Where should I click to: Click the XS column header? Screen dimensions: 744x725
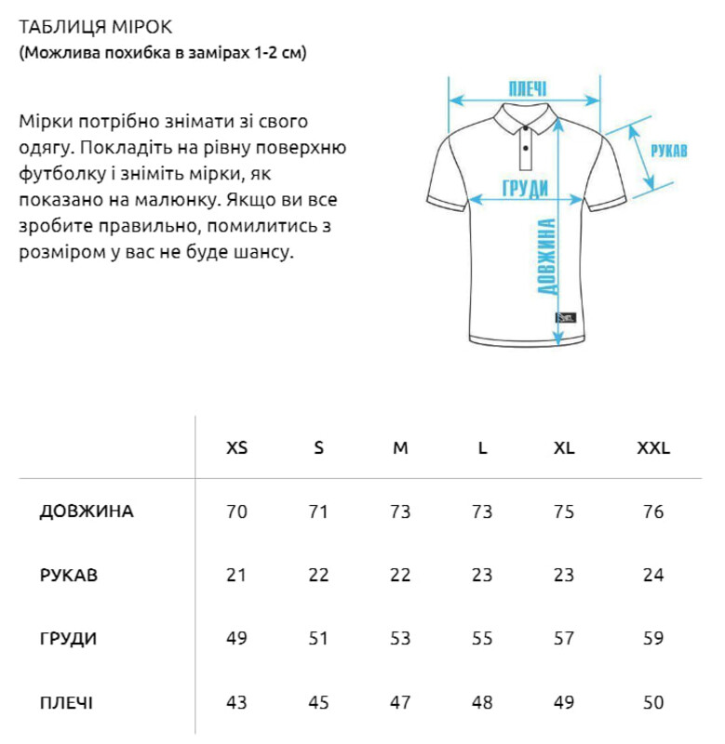coord(237,447)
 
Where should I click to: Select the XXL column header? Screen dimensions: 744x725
coord(653,447)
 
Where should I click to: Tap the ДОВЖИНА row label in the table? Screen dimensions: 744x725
coord(87,511)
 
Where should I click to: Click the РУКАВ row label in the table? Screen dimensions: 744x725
coord(69,575)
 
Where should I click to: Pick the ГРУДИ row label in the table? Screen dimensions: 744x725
coord(69,639)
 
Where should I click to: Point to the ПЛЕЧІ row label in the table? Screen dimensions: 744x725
coord(66,702)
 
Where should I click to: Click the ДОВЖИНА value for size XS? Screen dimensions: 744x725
coord(237,511)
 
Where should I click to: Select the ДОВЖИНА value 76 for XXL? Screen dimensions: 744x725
coord(653,511)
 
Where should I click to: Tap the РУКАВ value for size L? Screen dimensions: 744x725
coord(482,575)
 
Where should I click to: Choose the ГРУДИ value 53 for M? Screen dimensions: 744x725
coord(400,639)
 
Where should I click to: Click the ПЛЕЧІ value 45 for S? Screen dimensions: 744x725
coord(318,702)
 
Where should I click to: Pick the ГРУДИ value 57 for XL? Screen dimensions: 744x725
coord(564,639)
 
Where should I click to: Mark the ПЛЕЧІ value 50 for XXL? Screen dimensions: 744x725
coord(653,702)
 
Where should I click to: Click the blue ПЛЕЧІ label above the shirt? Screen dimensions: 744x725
coord(527,89)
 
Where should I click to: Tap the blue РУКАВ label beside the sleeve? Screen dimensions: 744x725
coord(669,151)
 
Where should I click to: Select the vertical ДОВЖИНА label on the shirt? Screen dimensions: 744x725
coord(548,257)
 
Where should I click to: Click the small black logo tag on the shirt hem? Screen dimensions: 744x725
coord(566,319)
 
